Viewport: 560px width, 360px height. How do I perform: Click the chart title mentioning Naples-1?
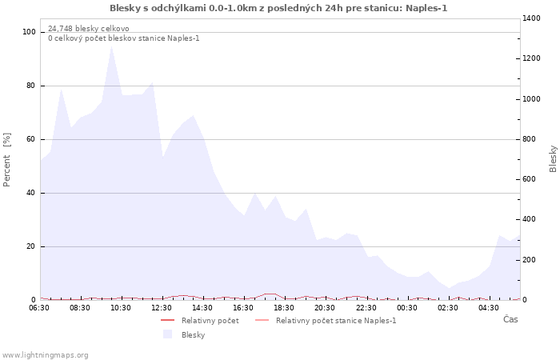(278, 8)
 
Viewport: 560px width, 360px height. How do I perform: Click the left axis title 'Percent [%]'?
(7, 159)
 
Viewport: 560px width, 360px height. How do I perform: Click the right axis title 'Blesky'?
(553, 158)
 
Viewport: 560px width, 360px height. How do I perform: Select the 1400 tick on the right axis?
(532, 18)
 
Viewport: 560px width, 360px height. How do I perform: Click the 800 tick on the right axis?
(530, 139)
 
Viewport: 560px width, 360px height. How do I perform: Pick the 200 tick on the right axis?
(530, 260)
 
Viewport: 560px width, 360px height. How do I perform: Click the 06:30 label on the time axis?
(39, 307)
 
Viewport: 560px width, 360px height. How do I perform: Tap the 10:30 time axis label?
(121, 307)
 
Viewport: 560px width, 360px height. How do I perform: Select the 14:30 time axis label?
(203, 307)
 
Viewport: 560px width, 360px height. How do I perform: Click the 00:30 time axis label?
(407, 307)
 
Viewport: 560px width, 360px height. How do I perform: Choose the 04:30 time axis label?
(489, 307)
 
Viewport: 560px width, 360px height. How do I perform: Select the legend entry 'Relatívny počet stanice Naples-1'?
(335, 321)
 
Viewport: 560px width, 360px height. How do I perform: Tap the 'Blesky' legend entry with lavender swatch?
(193, 335)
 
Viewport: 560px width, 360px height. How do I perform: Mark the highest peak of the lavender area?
(111, 46)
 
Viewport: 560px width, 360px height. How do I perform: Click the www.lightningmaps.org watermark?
(46, 355)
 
